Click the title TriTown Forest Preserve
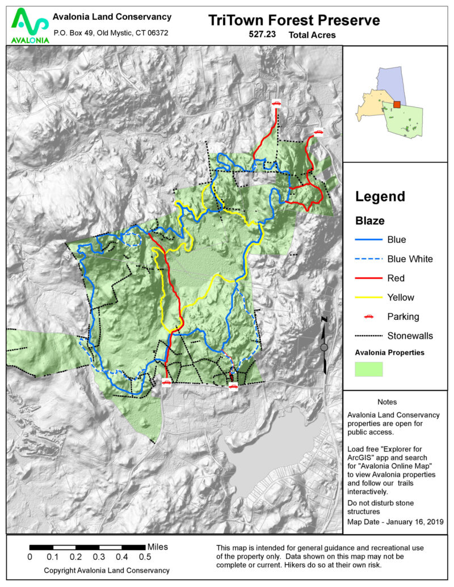pyautogui.click(x=294, y=21)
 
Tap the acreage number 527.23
pyautogui.click(x=262, y=35)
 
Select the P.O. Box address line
pyautogui.click(x=110, y=33)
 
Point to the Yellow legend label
pyautogui.click(x=401, y=297)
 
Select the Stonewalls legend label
pyautogui.click(x=410, y=335)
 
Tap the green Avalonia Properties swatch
pyautogui.click(x=369, y=369)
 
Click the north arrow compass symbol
pyautogui.click(x=324, y=346)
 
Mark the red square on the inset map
pyautogui.click(x=397, y=104)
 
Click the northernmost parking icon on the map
pyautogui.click(x=276, y=103)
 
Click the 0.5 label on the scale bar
pyautogui.click(x=145, y=556)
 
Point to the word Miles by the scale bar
pyautogui.click(x=157, y=547)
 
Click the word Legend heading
pyautogui.click(x=380, y=197)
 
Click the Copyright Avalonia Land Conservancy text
pyautogui.click(x=107, y=570)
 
